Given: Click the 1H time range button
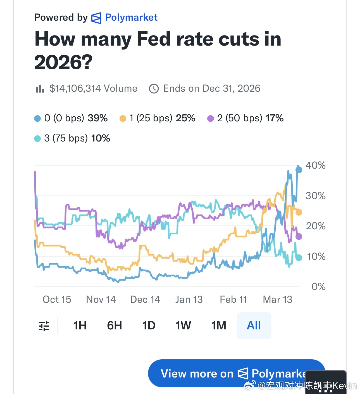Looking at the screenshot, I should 80,325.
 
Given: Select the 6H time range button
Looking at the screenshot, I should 115,325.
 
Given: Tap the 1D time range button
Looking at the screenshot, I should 149,325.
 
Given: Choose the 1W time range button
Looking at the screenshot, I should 183,325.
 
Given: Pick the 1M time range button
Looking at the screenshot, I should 219,325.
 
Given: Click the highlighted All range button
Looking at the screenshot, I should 254,325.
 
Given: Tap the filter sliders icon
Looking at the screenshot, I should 44,326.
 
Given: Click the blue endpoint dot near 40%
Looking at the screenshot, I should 299,169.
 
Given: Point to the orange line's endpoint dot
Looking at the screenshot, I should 299,212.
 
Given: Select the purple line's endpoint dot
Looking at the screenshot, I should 299,237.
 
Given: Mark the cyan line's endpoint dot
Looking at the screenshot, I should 299,258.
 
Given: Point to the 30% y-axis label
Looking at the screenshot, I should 315,196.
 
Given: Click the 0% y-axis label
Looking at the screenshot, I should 318,287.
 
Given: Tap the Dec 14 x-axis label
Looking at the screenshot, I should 145,299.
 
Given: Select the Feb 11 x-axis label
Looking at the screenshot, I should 233,299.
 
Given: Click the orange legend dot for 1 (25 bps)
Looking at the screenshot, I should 123,119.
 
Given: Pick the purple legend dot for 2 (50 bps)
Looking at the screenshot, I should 211,119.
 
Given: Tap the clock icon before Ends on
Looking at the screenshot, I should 154,89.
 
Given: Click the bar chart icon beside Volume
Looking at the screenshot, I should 40,89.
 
